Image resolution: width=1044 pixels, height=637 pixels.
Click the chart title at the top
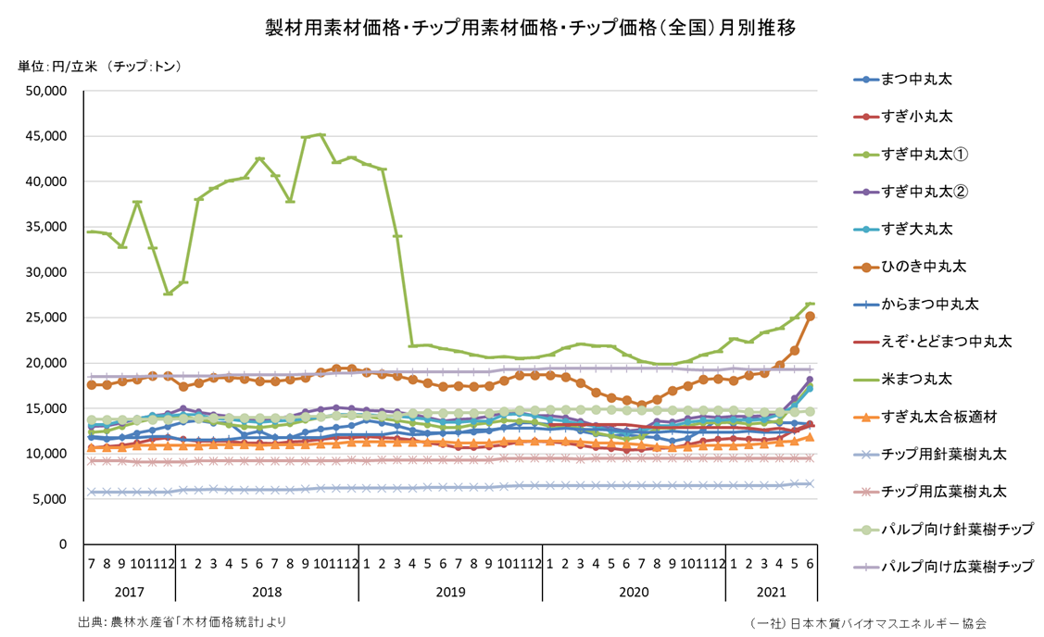(530, 29)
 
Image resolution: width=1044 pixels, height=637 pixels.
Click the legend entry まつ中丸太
(915, 80)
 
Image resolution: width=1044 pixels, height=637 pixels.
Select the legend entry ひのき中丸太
(923, 267)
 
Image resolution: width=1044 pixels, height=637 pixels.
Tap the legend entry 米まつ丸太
(915, 379)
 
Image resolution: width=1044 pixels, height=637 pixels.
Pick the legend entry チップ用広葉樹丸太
(942, 491)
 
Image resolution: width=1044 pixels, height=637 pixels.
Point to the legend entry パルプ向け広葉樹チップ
(955, 566)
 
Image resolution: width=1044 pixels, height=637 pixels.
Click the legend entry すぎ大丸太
(915, 229)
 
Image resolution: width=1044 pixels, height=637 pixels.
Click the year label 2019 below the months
(450, 590)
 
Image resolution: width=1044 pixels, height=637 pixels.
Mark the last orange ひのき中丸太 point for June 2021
(810, 317)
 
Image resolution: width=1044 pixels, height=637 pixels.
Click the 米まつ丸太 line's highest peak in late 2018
(321, 135)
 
